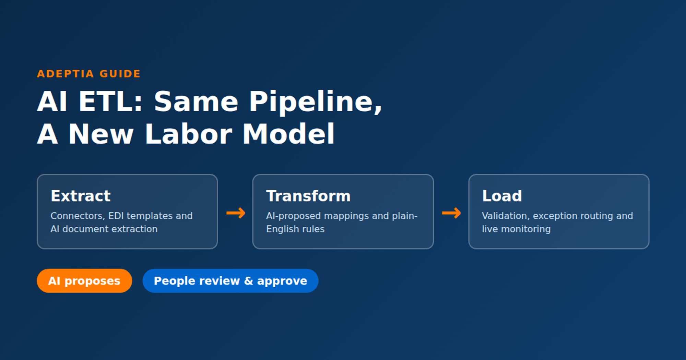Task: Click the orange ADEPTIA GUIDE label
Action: pyautogui.click(x=89, y=74)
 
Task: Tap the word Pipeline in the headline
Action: pyautogui.click(x=315, y=102)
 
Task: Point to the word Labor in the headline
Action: pyautogui.click(x=189, y=134)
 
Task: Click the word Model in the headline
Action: pyautogui.click(x=288, y=134)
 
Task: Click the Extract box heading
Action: pyautogui.click(x=81, y=196)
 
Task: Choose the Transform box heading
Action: pyautogui.click(x=308, y=196)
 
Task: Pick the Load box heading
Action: pyautogui.click(x=502, y=196)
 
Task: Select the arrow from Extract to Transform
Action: pyautogui.click(x=236, y=213)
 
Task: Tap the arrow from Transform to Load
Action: pyautogui.click(x=451, y=213)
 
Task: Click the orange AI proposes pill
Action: pyautogui.click(x=84, y=281)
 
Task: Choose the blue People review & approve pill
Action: pyautogui.click(x=230, y=281)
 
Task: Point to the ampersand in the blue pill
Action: pyautogui.click(x=249, y=281)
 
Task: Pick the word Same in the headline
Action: pyautogui.click(x=196, y=102)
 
